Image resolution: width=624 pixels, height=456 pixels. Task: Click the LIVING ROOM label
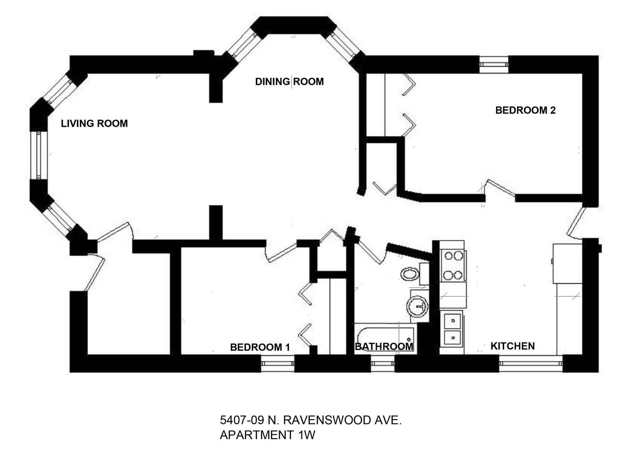click(94, 123)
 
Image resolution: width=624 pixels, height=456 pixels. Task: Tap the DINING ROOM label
click(289, 81)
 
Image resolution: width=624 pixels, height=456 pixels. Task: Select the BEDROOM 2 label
click(526, 110)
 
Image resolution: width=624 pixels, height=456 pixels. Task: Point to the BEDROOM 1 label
click(260, 347)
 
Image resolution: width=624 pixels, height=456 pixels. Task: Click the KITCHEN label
click(512, 346)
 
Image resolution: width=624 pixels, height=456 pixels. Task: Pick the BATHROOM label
click(384, 347)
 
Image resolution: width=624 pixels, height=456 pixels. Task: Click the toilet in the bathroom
click(411, 274)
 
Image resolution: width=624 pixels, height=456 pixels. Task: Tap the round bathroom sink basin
click(417, 306)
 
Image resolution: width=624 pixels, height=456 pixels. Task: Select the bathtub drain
click(409, 339)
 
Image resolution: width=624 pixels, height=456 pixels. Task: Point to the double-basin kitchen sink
click(452, 329)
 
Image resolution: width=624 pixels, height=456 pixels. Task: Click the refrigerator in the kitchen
click(567, 263)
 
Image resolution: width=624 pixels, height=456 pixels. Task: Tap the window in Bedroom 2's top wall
click(494, 65)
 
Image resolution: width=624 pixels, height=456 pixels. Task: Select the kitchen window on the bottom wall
click(531, 363)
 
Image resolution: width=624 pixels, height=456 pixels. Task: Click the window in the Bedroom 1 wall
click(278, 363)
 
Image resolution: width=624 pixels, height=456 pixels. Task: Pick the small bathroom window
click(383, 363)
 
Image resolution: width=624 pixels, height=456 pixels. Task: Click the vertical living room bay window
click(39, 155)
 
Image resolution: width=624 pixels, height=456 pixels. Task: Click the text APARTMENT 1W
click(267, 435)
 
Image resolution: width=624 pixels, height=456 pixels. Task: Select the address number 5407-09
click(242, 420)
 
